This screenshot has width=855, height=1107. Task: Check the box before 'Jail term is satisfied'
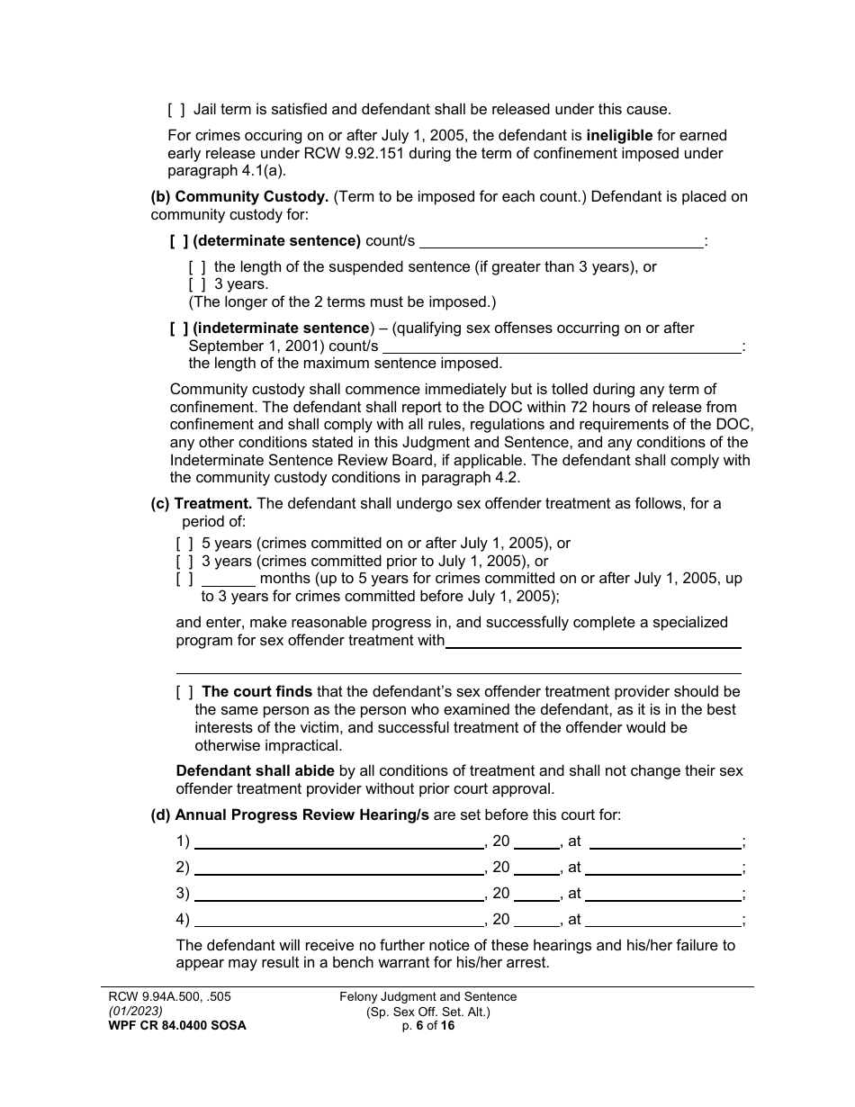tap(176, 110)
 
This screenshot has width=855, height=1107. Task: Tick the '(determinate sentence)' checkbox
tap(179, 241)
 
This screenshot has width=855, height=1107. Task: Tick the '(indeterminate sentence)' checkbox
tap(179, 328)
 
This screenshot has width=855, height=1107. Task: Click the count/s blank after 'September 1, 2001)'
tap(562, 346)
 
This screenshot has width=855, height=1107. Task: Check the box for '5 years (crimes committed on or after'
tap(184, 544)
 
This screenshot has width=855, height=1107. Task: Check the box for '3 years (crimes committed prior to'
tap(184, 562)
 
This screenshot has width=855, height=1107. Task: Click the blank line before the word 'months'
tap(229, 580)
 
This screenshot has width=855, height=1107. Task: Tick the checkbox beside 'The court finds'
tap(184, 692)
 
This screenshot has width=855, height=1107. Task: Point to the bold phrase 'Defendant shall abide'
tap(255, 771)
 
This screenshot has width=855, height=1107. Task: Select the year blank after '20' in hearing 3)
tap(536, 895)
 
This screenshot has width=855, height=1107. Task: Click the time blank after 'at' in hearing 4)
tap(662, 921)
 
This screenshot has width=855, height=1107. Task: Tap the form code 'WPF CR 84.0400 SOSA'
tap(170, 1025)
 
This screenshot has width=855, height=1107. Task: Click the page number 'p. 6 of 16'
tap(427, 1025)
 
